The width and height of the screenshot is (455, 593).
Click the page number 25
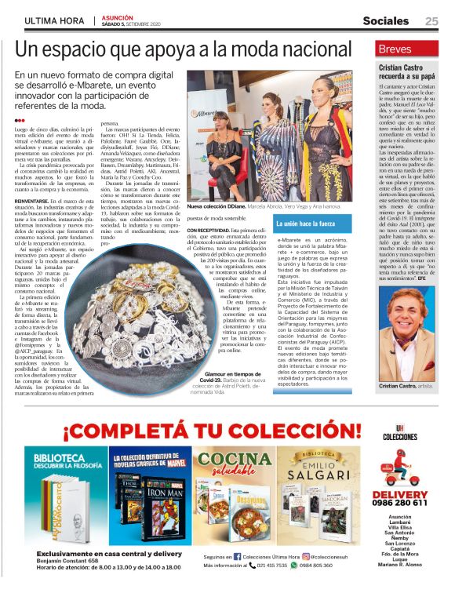point(431,21)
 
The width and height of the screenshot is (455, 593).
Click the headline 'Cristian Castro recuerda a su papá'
point(408,74)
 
